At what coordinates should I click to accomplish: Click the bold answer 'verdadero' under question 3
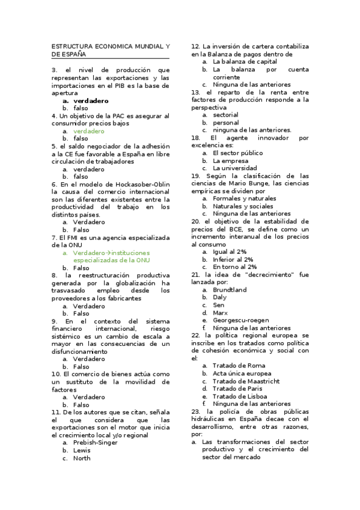(91, 100)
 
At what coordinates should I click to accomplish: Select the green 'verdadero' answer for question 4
(88, 131)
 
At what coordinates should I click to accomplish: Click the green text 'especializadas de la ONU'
(112, 260)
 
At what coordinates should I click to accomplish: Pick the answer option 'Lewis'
(82, 450)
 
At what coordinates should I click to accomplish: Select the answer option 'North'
(82, 458)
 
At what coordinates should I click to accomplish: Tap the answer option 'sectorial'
(225, 115)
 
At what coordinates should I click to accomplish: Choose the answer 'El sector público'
(237, 153)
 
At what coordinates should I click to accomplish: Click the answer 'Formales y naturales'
(244, 198)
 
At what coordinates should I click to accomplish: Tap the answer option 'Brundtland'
(230, 290)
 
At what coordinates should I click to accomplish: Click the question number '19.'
(195, 176)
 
